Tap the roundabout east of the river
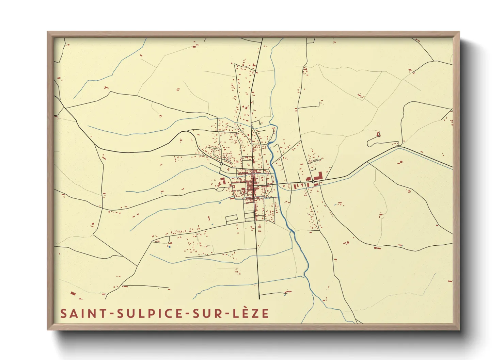point(313,182)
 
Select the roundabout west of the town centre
point(221,164)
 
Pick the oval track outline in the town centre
point(262,178)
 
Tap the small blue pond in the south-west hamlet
point(169,246)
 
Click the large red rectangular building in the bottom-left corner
point(73,293)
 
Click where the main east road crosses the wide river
point(276,184)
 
